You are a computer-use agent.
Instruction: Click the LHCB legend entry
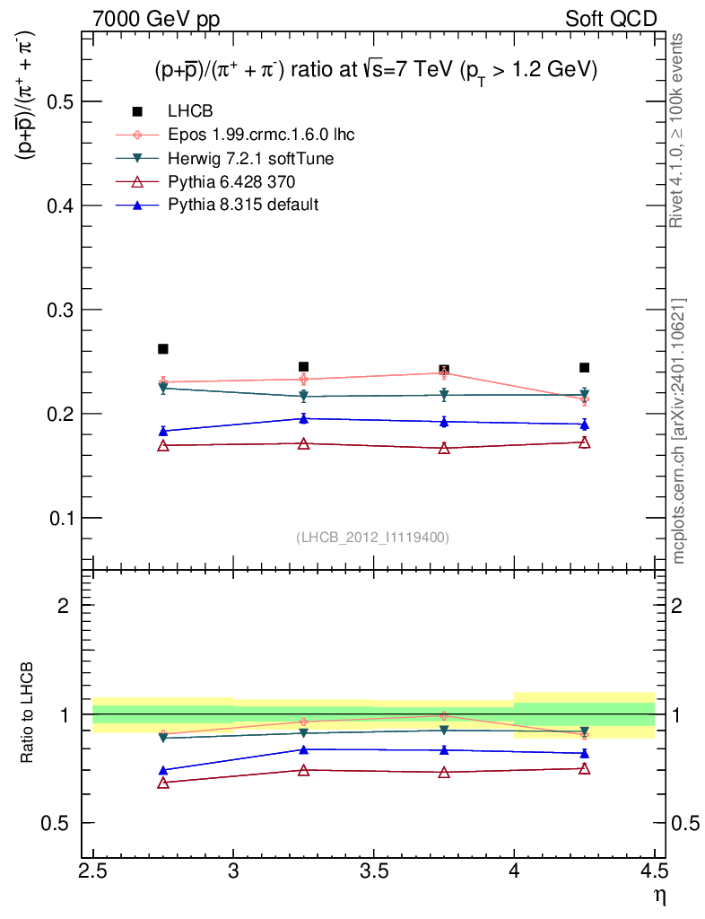(x=187, y=111)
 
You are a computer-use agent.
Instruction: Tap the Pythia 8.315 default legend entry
(x=243, y=205)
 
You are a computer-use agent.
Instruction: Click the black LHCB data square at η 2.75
(x=163, y=349)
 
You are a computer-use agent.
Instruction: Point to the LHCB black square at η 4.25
(x=584, y=367)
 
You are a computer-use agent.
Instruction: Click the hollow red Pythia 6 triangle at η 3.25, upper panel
(x=303, y=443)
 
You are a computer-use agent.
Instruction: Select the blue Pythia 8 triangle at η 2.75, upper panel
(x=163, y=431)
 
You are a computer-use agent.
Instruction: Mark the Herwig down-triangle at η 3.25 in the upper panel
(x=303, y=396)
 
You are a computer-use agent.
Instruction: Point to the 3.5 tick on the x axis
(x=373, y=871)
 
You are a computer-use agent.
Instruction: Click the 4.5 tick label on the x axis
(x=654, y=871)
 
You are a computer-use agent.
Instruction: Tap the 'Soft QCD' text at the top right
(x=611, y=19)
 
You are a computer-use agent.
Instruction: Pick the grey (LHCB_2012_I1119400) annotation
(x=372, y=537)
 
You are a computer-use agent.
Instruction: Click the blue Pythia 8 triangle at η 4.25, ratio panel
(x=584, y=753)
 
